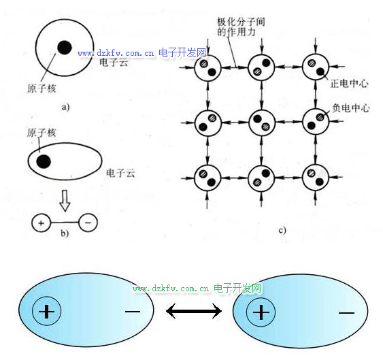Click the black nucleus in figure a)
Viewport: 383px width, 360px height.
click(65, 48)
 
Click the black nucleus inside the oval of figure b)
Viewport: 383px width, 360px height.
click(44, 161)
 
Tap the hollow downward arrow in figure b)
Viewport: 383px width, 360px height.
click(65, 201)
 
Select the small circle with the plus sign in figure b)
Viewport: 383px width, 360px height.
click(41, 223)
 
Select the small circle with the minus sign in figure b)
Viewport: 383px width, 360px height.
click(88, 223)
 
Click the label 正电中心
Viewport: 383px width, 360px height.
click(349, 84)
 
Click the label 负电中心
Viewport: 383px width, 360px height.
click(351, 108)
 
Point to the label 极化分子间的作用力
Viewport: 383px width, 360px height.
click(241, 27)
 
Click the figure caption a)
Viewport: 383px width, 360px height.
click(65, 107)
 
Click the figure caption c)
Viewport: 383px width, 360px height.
click(282, 230)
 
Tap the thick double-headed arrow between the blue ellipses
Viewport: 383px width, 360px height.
click(194, 311)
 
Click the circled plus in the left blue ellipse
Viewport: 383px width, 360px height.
click(47, 311)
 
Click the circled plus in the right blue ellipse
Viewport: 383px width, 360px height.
click(261, 312)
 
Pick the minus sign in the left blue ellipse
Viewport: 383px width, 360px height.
click(133, 312)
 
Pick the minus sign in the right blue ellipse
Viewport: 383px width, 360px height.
click(346, 312)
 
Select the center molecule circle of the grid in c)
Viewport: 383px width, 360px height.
click(262, 122)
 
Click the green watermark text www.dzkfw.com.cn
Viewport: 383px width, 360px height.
click(171, 289)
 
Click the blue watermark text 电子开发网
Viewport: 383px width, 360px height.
click(182, 52)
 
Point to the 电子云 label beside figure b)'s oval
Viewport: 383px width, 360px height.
click(120, 174)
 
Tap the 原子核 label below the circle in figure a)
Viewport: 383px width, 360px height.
click(41, 88)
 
